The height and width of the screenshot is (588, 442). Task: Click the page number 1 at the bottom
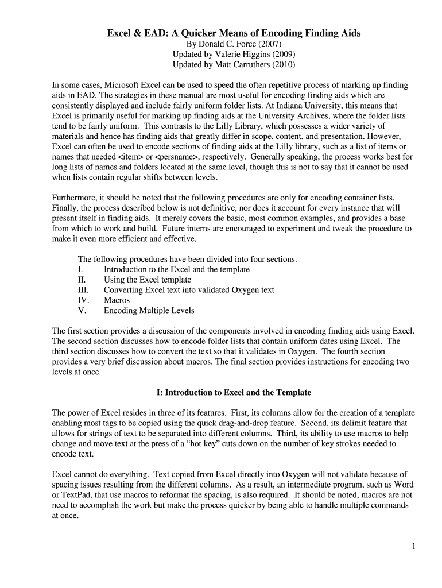coord(413,546)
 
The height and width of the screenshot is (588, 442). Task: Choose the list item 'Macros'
coord(117,300)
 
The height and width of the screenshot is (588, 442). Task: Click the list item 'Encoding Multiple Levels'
coord(149,311)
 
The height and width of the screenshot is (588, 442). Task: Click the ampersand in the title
coord(135,33)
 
